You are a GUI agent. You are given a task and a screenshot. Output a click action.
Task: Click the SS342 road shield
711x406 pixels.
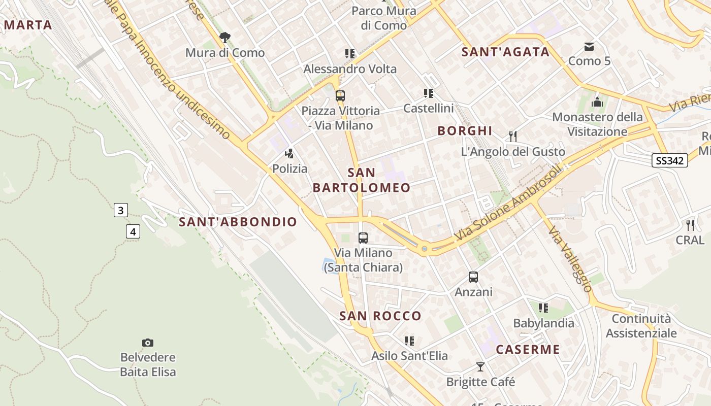pos(670,161)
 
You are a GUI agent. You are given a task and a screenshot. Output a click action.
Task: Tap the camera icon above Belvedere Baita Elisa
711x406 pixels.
pos(148,343)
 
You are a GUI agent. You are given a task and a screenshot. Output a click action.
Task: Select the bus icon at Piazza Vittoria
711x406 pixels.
pos(340,95)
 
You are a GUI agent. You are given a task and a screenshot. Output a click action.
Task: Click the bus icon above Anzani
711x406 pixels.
pos(473,277)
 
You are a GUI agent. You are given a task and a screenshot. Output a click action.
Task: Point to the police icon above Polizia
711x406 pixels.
pos(289,153)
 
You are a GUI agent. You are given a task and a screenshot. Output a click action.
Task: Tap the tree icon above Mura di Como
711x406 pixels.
pos(225,37)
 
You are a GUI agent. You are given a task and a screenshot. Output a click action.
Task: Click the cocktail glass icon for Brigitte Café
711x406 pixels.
pos(480,367)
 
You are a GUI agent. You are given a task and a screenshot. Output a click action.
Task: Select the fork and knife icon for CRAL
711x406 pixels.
pos(690,225)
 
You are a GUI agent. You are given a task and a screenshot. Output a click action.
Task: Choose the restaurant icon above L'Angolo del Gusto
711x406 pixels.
pos(513,136)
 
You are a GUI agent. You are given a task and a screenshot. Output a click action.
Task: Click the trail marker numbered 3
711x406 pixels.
pos(120,210)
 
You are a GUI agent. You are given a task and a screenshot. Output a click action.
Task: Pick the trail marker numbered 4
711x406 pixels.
pos(133,232)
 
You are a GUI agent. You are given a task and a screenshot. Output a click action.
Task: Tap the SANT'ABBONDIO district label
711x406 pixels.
pos(238,222)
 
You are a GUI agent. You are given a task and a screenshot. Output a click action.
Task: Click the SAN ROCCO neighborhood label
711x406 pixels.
pos(380,316)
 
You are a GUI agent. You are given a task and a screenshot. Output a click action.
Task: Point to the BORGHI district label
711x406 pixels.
pos(465,131)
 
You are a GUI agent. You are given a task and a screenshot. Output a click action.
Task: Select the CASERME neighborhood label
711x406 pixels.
pos(528,350)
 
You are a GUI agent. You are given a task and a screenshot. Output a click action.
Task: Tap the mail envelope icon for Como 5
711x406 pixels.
pos(589,47)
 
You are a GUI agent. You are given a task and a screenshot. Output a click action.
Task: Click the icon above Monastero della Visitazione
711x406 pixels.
pos(597,102)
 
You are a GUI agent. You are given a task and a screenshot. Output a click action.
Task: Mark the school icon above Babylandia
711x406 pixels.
pos(543,308)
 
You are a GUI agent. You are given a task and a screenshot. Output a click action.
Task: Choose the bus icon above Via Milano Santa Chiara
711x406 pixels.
pos(363,238)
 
